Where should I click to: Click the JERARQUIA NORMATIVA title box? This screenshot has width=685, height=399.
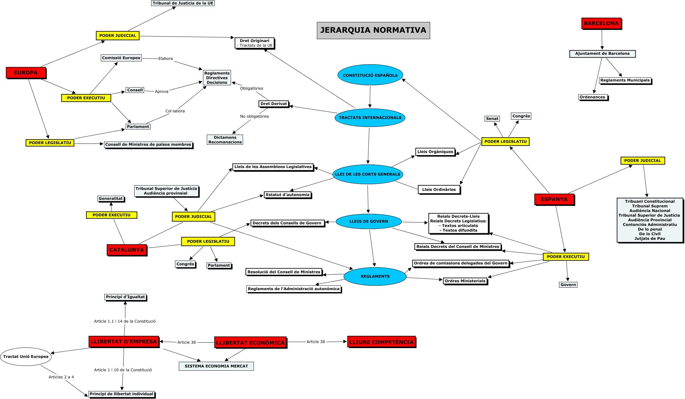click(x=373, y=31)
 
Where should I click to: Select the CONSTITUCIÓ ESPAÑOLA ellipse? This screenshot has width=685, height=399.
click(x=370, y=75)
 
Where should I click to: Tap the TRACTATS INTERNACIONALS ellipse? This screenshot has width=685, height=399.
click(x=370, y=118)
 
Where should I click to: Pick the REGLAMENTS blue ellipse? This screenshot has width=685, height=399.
click(x=375, y=276)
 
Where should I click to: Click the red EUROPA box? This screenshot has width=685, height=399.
click(x=26, y=73)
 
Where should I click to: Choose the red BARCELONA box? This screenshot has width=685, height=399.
click(x=601, y=24)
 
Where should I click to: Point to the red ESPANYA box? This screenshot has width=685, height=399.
click(x=554, y=199)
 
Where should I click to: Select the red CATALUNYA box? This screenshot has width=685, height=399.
click(x=127, y=250)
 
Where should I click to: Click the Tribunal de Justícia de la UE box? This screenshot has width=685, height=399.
click(x=183, y=3)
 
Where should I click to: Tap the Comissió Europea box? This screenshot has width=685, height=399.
click(x=121, y=58)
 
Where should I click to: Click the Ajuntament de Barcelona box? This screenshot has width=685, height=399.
click(x=602, y=54)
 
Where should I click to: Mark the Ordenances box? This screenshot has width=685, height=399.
click(x=592, y=97)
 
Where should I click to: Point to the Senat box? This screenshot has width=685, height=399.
click(x=492, y=119)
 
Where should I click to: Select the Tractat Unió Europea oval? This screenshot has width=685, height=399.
click(x=26, y=357)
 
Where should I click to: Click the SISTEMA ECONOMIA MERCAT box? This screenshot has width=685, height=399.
click(x=216, y=366)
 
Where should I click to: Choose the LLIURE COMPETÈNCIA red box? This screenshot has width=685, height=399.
click(x=381, y=342)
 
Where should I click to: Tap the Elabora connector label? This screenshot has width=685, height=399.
click(x=165, y=59)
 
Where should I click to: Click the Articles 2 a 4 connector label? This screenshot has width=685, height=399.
click(x=61, y=377)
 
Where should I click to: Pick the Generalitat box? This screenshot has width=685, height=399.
click(x=110, y=199)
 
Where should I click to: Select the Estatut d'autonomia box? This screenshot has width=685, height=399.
click(x=287, y=195)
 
